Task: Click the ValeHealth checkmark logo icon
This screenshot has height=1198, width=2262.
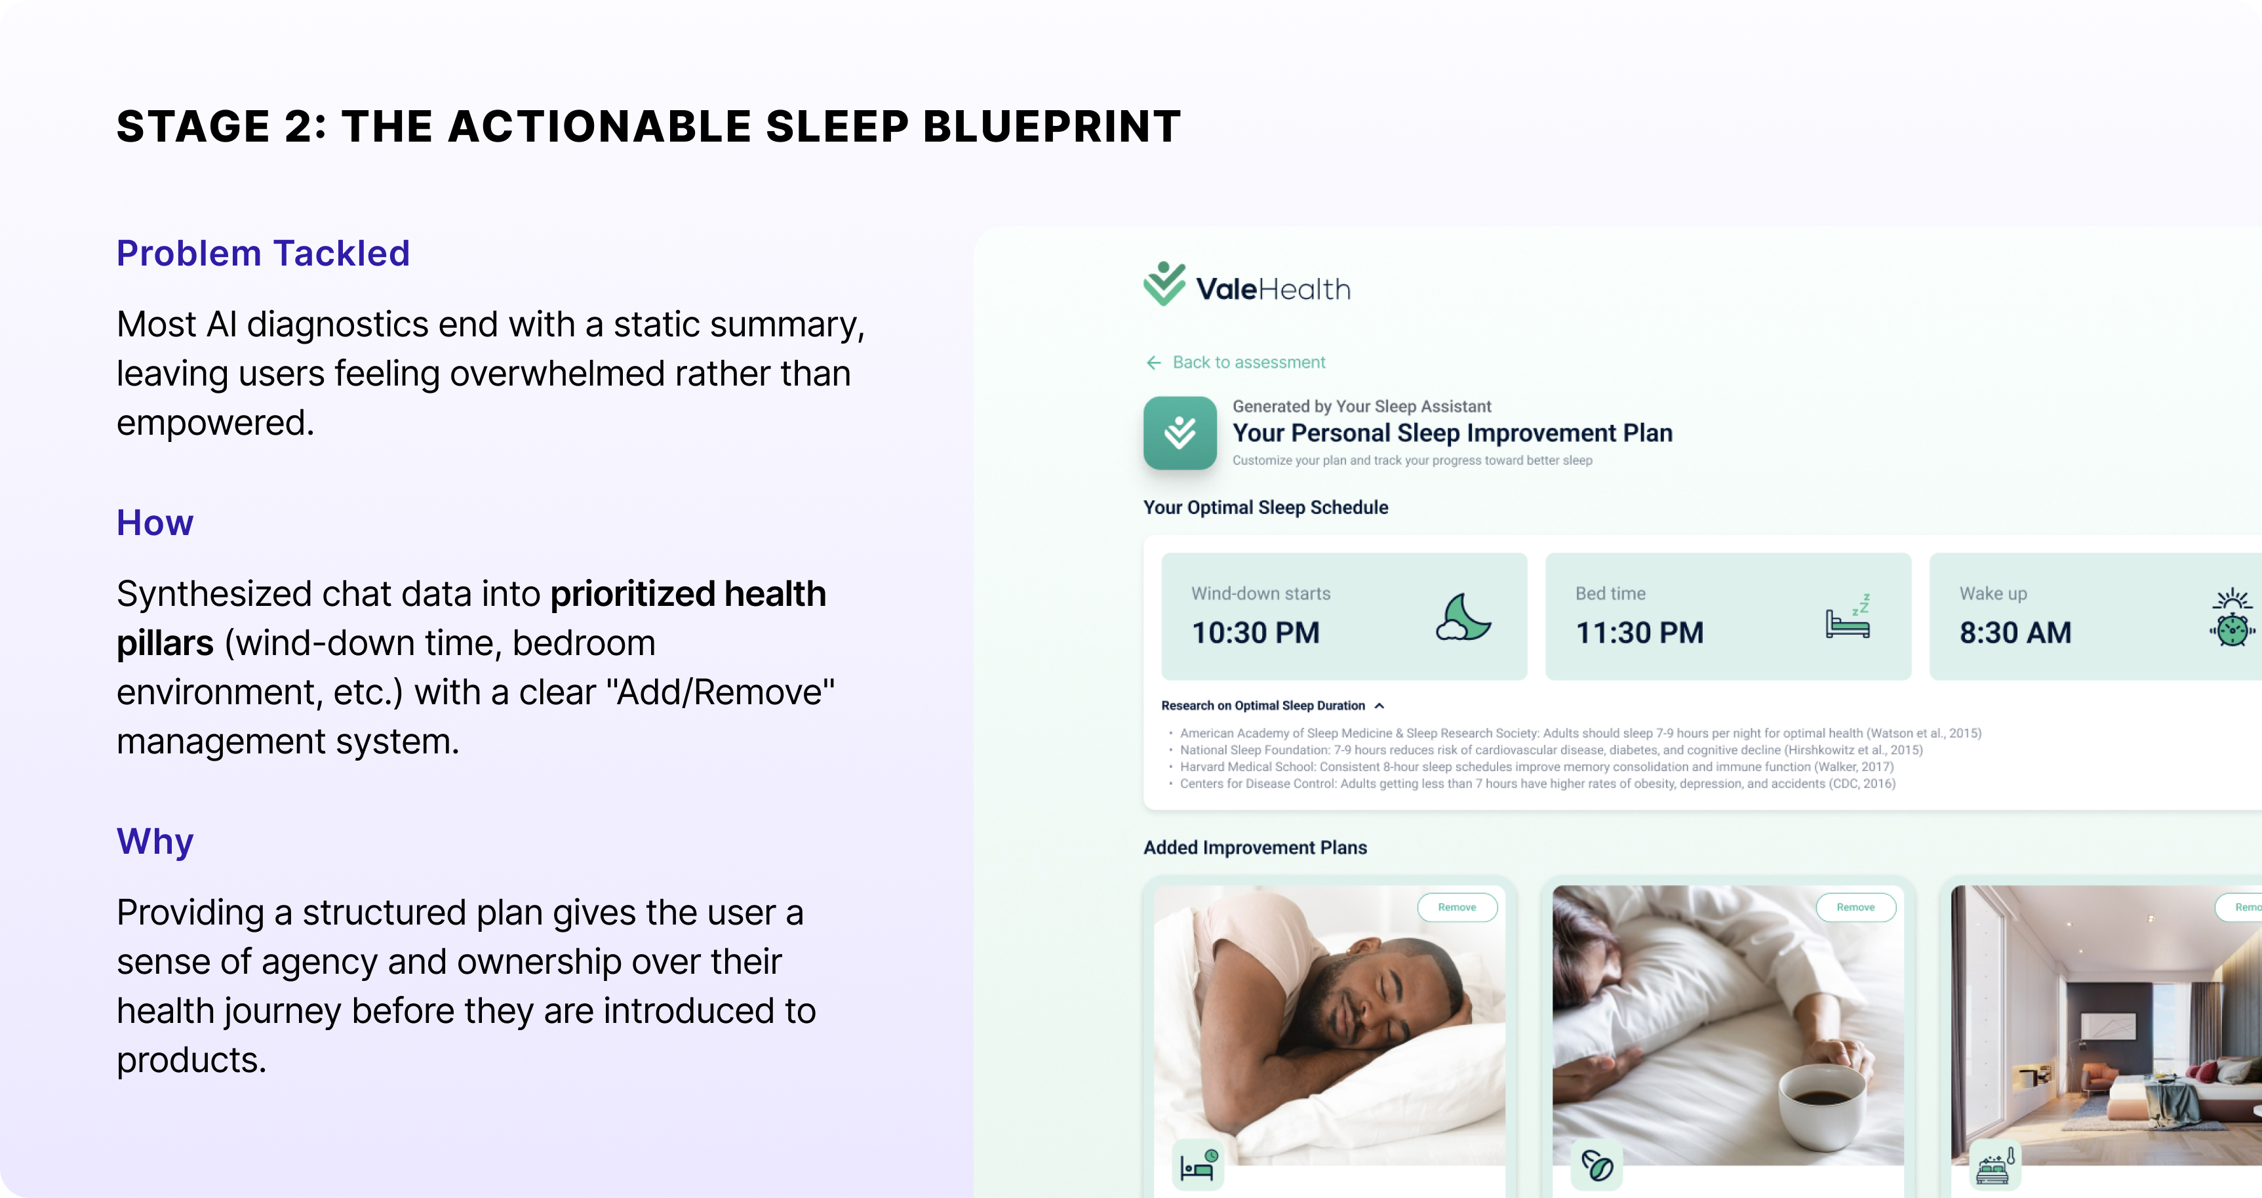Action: point(1164,284)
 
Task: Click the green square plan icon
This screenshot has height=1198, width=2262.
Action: point(1180,433)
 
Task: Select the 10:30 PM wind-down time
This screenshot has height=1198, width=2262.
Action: point(1256,632)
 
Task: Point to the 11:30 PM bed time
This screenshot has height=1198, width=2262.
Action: point(1639,632)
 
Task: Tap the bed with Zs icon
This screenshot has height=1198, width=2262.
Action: point(1848,616)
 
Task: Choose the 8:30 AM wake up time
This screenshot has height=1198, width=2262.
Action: point(2015,632)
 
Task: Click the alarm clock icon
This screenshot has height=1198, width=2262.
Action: point(2232,618)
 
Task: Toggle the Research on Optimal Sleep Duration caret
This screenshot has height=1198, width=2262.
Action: point(1379,706)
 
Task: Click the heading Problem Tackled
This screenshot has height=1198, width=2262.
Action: point(264,253)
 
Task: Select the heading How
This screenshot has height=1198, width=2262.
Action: point(155,523)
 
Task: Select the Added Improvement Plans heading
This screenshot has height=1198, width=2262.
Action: point(1255,848)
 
